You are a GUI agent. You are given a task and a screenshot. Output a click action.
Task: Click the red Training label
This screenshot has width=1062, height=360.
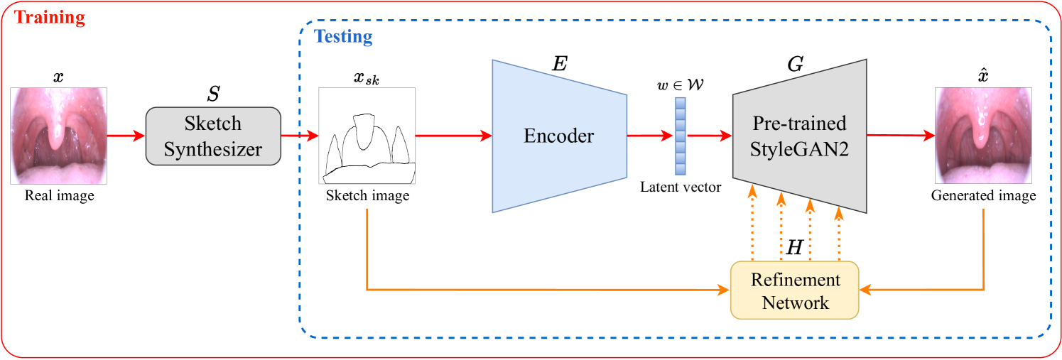pos(50,18)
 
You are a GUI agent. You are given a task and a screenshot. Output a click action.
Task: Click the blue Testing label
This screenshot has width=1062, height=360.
pos(343,36)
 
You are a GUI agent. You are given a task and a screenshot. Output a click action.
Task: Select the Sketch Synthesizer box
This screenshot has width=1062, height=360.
pos(213,136)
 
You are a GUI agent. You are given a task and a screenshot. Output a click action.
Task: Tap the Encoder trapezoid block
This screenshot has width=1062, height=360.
pos(559,136)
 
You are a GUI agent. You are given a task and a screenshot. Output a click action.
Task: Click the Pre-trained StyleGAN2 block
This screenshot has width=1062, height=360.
pos(800,136)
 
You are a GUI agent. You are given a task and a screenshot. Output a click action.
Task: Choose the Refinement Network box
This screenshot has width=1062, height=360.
pos(795,290)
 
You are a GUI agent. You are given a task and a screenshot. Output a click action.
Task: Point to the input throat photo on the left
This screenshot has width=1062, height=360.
pos(59,136)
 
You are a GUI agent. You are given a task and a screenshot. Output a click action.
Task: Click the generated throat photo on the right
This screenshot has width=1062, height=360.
pos(982,136)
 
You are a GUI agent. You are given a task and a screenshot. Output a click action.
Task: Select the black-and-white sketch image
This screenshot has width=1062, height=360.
pos(367,136)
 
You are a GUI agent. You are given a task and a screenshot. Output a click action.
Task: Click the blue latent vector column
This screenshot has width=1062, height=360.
pos(681,136)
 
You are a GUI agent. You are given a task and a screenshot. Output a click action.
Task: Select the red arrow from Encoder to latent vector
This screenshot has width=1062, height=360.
pos(650,135)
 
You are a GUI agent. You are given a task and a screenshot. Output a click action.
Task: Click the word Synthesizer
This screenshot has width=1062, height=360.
pos(213,149)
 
